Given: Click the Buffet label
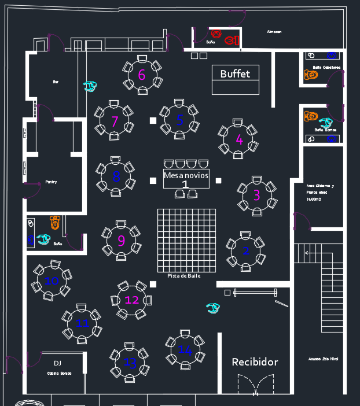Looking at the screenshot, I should pyautogui.click(x=235, y=74).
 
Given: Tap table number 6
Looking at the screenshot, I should pyautogui.click(x=142, y=75).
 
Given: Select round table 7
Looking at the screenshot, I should pyautogui.click(x=115, y=122).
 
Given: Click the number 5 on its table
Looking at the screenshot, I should pyautogui.click(x=179, y=120).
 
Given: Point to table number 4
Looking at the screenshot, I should pyautogui.click(x=239, y=139).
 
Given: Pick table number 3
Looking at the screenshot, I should pyautogui.click(x=256, y=195).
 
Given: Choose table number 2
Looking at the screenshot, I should pyautogui.click(x=246, y=250).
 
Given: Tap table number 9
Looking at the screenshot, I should pyautogui.click(x=121, y=241).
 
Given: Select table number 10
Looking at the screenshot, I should pyautogui.click(x=52, y=281).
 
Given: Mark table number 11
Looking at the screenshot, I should pyautogui.click(x=82, y=323).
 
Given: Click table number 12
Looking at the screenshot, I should pyautogui.click(x=132, y=300).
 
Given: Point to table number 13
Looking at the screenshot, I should pyautogui.click(x=130, y=363).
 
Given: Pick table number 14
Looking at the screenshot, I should pyautogui.click(x=185, y=350).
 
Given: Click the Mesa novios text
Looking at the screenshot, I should pyautogui.click(x=186, y=175).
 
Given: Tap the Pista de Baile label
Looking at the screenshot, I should pyautogui.click(x=184, y=276).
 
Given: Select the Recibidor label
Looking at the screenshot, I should pyautogui.click(x=255, y=362).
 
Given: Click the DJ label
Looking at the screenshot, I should pyautogui.click(x=57, y=363).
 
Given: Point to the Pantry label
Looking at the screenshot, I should pyautogui.click(x=51, y=182).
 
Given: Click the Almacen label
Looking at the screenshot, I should pyautogui.click(x=274, y=32).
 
